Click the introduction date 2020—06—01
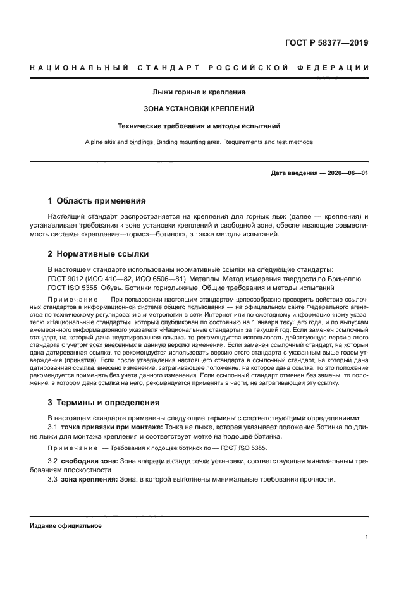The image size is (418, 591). click(319, 173)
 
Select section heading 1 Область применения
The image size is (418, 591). click(97, 201)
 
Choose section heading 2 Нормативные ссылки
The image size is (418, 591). click(98, 254)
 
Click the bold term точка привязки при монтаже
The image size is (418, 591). click(111, 427)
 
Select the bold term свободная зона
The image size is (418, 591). click(88, 461)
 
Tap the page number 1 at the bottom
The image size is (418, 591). click(367, 537)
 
